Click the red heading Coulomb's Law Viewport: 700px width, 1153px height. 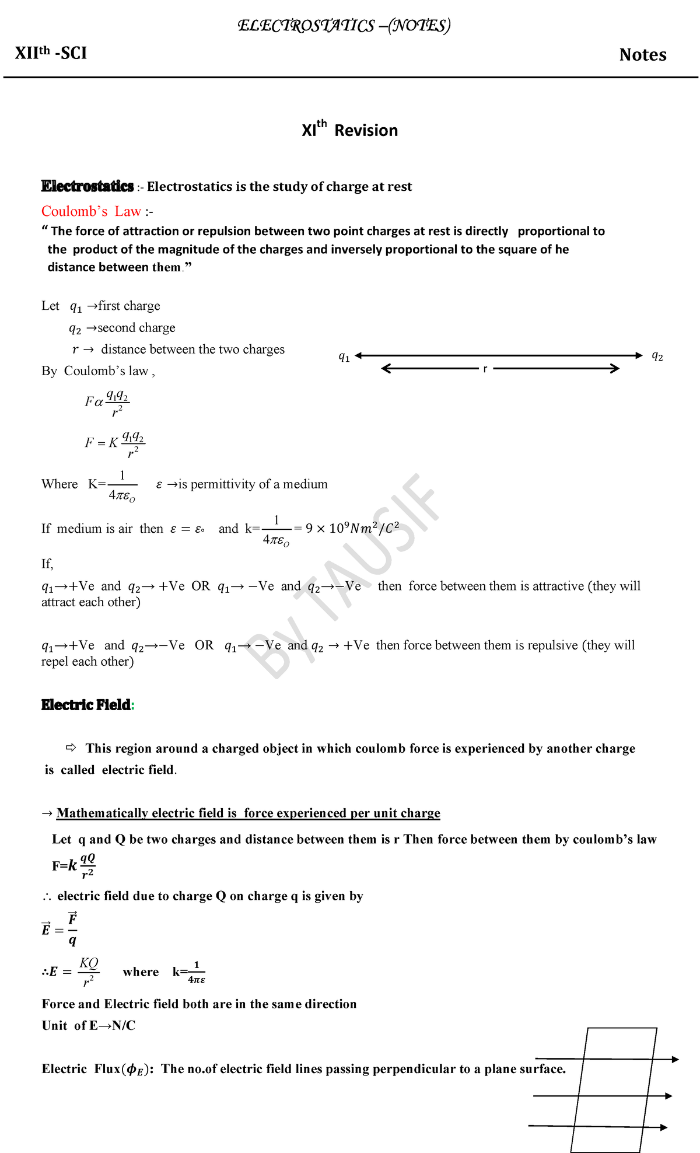pos(92,211)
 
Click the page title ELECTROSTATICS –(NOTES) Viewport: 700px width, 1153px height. pos(344,26)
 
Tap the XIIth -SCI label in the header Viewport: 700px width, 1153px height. pos(51,53)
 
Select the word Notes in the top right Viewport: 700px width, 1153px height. pos(642,55)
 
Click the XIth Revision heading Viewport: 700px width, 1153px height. pos(349,130)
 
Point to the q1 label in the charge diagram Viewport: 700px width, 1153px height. pos(344,357)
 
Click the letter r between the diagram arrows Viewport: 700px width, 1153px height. pos(485,369)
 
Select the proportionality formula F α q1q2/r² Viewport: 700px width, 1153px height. pos(107,403)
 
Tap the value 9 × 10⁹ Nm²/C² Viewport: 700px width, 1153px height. pos(352,529)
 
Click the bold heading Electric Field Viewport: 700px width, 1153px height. pos(86,705)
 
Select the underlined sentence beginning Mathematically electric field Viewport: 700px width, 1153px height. pos(248,813)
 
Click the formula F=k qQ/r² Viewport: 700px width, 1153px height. pos(73,866)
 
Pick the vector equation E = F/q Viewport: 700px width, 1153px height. pos(60,929)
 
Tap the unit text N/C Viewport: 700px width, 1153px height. pos(123,1025)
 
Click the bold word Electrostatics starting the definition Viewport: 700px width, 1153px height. pos(87,186)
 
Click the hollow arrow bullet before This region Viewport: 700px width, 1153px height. pos(71,747)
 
